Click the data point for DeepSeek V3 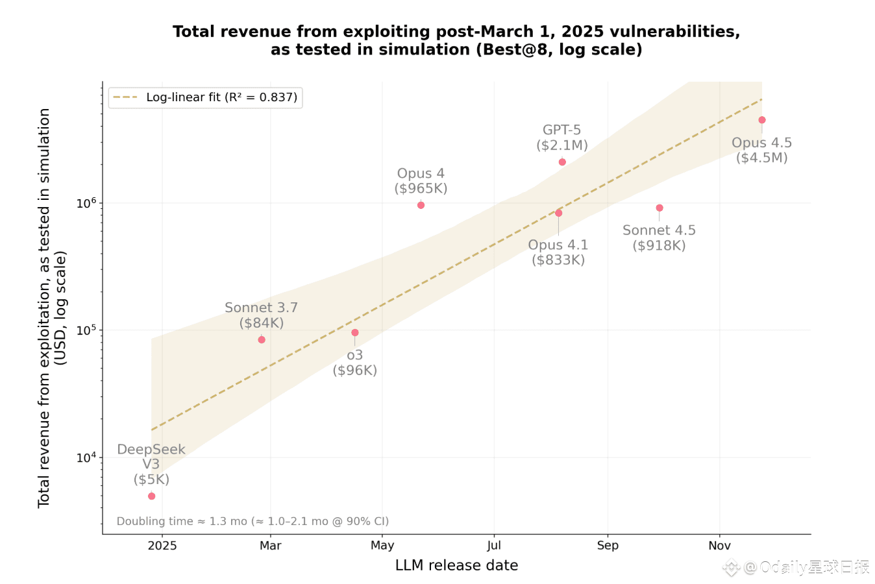pos(151,496)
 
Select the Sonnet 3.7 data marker pos(262,339)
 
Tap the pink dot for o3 pos(354,332)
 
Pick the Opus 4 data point pos(421,205)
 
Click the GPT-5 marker pos(562,162)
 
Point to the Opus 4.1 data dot pos(558,213)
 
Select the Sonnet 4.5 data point pos(659,208)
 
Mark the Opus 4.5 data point pos(762,120)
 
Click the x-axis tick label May pos(382,545)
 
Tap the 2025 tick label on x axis pos(162,545)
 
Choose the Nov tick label pos(719,545)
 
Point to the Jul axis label pos(494,545)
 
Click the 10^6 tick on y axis pos(86,203)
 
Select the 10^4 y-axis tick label pos(86,457)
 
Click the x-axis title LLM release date pos(456,565)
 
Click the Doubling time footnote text pos(253,521)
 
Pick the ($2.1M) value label pos(562,145)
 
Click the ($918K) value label pos(659,245)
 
